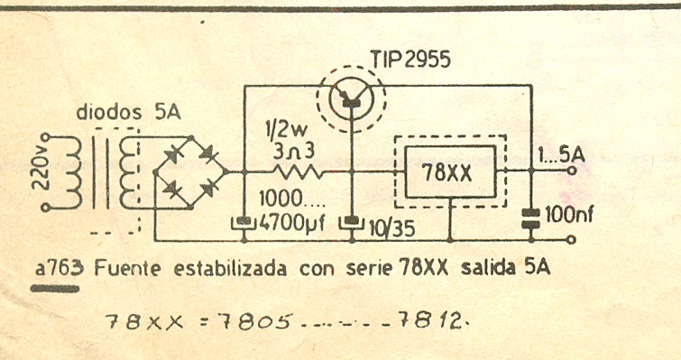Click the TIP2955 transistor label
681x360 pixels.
click(409, 60)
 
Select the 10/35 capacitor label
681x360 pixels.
click(390, 228)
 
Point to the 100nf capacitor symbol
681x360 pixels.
click(531, 215)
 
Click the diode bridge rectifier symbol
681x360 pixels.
click(188, 171)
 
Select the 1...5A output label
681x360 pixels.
click(560, 154)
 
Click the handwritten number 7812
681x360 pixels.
click(437, 320)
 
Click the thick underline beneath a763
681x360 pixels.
click(56, 288)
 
